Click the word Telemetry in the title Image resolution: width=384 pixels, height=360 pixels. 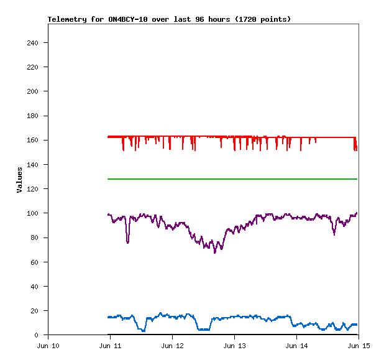(x=68, y=19)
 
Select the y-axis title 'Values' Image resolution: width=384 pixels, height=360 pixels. (x=19, y=180)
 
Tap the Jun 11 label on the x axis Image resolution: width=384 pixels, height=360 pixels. (x=110, y=345)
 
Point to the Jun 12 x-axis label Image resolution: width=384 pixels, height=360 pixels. (x=172, y=345)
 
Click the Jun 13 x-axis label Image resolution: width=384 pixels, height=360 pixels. (x=234, y=345)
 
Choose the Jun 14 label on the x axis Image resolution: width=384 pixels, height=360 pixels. (x=296, y=345)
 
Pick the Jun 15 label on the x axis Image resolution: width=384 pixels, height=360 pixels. (x=359, y=345)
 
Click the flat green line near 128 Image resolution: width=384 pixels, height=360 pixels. (x=233, y=179)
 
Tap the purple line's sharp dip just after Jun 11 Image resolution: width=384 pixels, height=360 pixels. (x=128, y=241)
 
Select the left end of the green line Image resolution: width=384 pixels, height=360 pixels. (x=109, y=179)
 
